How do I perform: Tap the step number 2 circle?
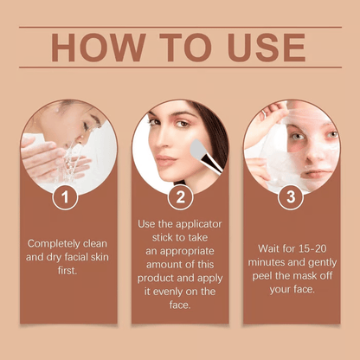[180, 198]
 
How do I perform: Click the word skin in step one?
[101, 258]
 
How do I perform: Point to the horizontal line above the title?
[180, 28]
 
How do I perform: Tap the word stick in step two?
[150, 237]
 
